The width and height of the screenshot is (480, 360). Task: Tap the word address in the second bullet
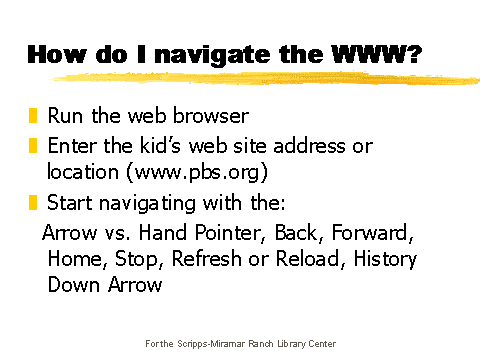coord(316,147)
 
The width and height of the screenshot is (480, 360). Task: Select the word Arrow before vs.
coord(66,235)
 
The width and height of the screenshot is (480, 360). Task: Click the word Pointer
coord(214,235)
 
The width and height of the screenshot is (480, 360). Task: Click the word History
coord(381,259)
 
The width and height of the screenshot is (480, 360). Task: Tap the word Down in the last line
coord(71,284)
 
